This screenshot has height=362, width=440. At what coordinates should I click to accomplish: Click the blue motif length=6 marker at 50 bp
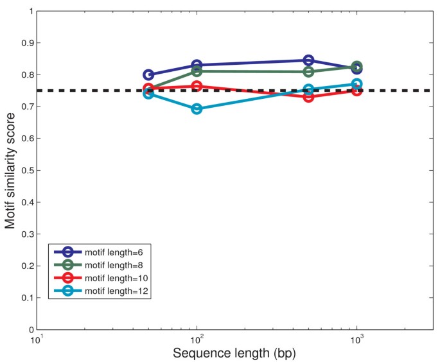(148, 75)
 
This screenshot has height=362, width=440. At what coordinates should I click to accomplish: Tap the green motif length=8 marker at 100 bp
(197, 71)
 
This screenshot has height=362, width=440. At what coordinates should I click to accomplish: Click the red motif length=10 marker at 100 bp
(197, 86)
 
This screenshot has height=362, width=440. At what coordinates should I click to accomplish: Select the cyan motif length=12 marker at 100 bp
(197, 109)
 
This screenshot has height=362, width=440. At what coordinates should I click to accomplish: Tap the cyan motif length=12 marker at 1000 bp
(356, 84)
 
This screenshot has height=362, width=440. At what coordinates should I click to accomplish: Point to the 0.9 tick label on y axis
(26, 43)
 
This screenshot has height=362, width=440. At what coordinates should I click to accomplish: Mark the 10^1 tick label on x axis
(37, 339)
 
